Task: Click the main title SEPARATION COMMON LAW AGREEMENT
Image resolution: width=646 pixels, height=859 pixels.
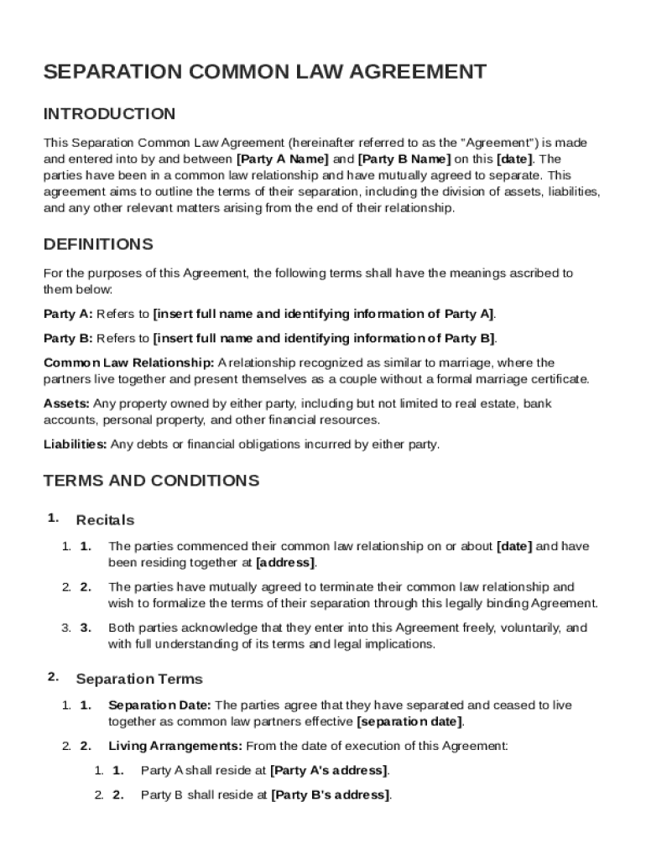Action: (x=264, y=72)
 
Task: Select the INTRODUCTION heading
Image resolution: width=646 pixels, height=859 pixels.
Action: (x=109, y=114)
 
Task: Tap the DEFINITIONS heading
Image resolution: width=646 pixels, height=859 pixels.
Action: (x=98, y=245)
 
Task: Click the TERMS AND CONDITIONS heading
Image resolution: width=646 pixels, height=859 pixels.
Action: (x=151, y=482)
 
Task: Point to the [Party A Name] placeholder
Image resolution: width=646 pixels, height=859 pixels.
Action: (x=283, y=159)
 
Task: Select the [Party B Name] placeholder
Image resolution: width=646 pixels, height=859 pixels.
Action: (x=404, y=159)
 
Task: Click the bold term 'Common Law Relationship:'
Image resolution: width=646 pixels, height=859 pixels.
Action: (x=129, y=363)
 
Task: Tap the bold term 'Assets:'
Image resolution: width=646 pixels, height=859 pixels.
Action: (x=66, y=403)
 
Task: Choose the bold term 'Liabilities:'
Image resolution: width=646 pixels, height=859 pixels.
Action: (x=75, y=445)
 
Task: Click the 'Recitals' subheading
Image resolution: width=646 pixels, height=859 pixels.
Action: (x=105, y=521)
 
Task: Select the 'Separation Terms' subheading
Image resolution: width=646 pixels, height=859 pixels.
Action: (x=139, y=679)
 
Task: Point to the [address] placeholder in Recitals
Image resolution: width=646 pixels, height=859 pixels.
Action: (x=285, y=562)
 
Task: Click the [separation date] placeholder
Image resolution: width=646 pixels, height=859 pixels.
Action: (x=409, y=721)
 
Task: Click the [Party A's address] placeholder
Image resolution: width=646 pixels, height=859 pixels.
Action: (x=329, y=770)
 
